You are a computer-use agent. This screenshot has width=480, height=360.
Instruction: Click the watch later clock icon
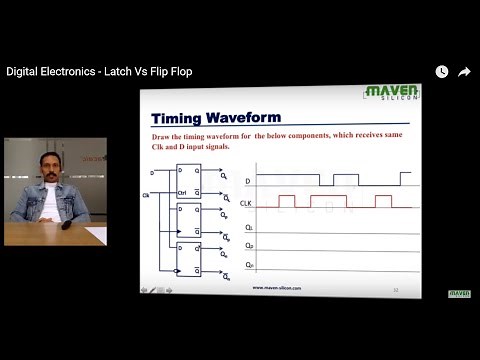[x=441, y=72]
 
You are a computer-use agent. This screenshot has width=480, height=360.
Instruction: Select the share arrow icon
[x=464, y=72]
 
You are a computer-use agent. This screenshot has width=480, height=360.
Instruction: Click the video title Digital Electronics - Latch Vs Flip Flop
[x=99, y=72]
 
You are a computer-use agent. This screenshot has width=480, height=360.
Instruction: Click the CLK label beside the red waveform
[x=245, y=203]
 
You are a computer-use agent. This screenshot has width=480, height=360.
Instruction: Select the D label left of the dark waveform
[x=247, y=181]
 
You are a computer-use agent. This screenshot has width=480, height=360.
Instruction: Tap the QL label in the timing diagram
[x=247, y=228]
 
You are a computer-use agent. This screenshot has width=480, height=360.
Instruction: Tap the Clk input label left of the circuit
[x=148, y=194]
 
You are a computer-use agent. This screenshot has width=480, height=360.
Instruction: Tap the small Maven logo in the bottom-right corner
[x=460, y=293]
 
